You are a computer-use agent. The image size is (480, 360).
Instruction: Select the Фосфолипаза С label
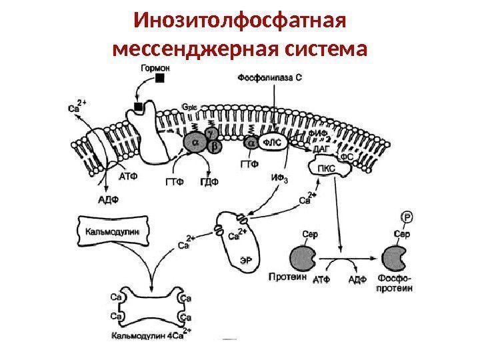[x=269, y=77]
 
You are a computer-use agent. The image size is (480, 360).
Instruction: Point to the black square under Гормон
[x=159, y=79]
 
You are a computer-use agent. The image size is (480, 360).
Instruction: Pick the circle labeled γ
[x=212, y=133]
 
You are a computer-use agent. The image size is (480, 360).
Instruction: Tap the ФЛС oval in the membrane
[x=273, y=143]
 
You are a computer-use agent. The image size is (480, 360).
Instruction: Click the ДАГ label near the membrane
[x=321, y=151]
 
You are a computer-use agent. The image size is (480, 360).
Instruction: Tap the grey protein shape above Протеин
[x=304, y=256]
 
